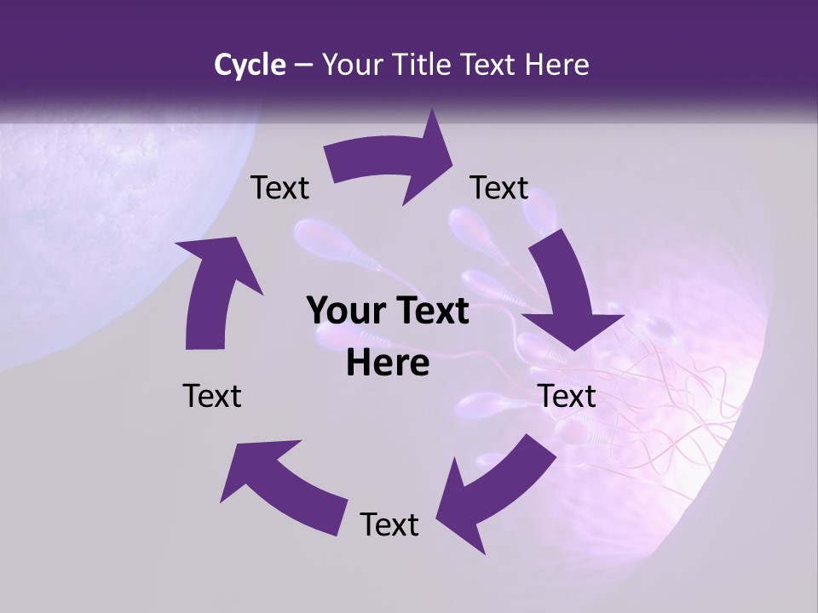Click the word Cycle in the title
click(x=250, y=65)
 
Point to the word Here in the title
click(x=558, y=65)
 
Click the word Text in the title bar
click(x=492, y=65)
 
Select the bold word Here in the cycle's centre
click(x=388, y=364)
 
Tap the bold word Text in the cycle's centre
click(x=427, y=311)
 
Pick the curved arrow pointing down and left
click(x=494, y=485)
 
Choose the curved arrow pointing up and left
click(x=281, y=485)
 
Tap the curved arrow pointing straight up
click(x=213, y=289)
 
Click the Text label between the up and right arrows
click(x=279, y=188)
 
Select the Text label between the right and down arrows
click(x=499, y=188)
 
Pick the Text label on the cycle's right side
click(x=567, y=396)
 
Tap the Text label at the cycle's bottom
click(x=389, y=524)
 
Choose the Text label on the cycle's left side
click(x=212, y=396)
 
